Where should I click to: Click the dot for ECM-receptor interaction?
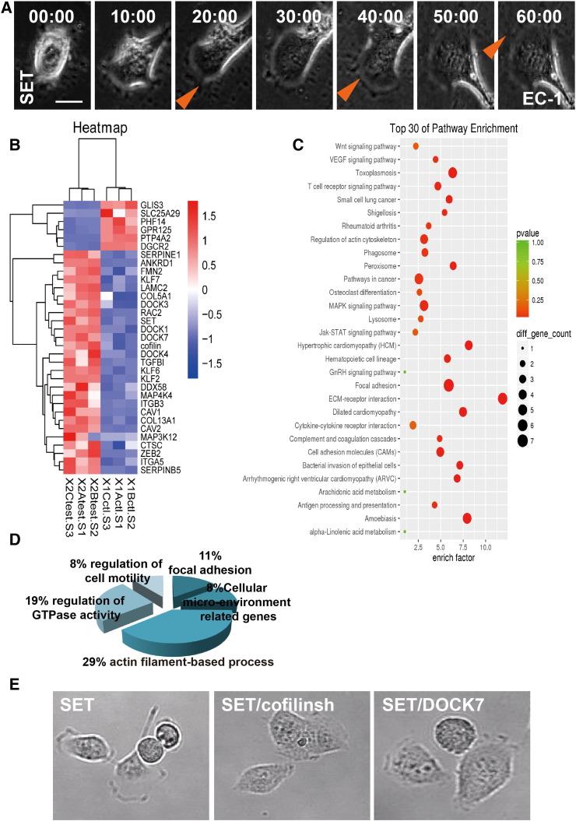(503, 398)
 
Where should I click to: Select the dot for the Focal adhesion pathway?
(449, 384)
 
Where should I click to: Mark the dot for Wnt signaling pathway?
(416, 146)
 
